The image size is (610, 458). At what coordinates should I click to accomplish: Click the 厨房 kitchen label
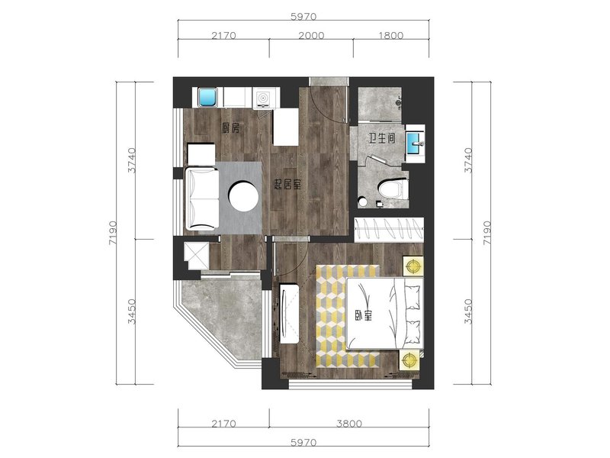click(231, 128)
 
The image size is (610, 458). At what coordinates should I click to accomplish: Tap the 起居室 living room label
click(288, 185)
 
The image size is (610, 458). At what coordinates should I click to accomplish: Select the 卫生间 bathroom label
click(382, 138)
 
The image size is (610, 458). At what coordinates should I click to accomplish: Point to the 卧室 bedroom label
click(364, 315)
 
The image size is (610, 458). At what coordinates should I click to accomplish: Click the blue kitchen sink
click(207, 98)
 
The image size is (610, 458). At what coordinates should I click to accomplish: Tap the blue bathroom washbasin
click(415, 144)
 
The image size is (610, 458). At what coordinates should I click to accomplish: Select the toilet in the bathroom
click(393, 189)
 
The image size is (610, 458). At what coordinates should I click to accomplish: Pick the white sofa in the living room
click(201, 198)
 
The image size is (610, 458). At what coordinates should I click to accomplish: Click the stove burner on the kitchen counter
click(263, 98)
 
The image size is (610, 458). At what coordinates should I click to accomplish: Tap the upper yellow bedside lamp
click(413, 266)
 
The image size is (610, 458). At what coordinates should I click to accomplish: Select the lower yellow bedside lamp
click(409, 360)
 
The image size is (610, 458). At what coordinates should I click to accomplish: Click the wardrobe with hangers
click(389, 230)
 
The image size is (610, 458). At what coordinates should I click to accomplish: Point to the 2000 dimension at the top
click(311, 35)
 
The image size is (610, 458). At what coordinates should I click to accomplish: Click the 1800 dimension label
click(391, 35)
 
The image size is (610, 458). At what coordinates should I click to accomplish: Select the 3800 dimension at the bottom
click(349, 424)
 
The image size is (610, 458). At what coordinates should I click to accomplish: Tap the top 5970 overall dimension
click(303, 17)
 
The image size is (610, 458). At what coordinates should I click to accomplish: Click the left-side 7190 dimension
click(112, 234)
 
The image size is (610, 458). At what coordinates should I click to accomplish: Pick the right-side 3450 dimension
click(469, 311)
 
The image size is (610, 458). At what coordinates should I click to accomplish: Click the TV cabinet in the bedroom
click(289, 314)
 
